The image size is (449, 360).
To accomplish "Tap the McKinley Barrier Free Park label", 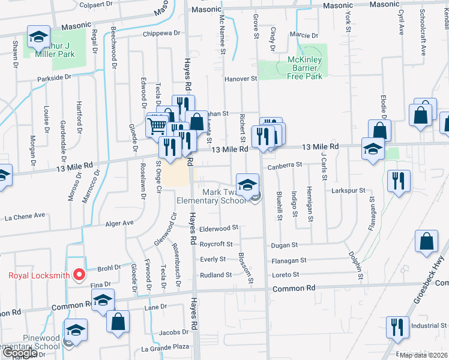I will (297, 68).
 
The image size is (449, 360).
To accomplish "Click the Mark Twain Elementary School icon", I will (247, 184).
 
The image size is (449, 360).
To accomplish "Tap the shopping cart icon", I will (157, 125).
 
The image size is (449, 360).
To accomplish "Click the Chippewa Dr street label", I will (161, 34).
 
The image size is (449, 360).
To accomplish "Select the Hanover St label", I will (240, 79).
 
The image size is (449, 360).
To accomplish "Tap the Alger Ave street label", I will (119, 223).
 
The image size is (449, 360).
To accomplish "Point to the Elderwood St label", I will (219, 228).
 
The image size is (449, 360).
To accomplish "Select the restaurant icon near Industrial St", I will (397, 328).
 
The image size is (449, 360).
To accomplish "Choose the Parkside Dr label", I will (53, 77).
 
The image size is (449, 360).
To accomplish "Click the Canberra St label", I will (284, 166).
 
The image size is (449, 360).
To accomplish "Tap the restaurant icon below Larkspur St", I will (399, 181).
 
